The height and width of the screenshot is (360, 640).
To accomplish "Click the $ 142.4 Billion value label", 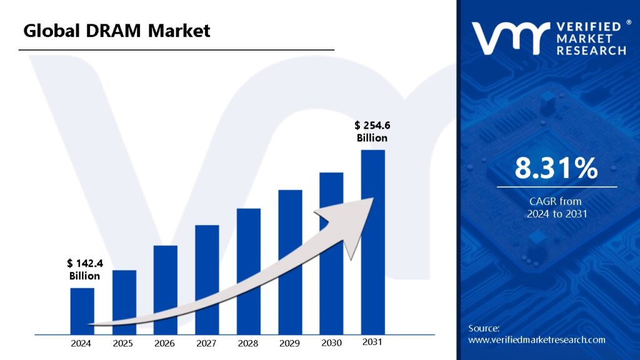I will click(x=85, y=269).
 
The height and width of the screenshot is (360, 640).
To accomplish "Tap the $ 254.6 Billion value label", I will click(x=372, y=132).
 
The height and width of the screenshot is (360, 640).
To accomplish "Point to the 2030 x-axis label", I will click(x=331, y=342).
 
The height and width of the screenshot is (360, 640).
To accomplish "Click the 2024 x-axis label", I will click(x=81, y=343).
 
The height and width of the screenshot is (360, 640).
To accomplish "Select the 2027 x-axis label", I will click(x=206, y=343).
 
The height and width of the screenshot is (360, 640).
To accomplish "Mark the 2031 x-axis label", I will click(x=372, y=342).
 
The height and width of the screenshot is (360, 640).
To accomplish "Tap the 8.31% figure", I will click(x=556, y=169).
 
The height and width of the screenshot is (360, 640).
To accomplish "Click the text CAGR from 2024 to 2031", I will click(x=556, y=207).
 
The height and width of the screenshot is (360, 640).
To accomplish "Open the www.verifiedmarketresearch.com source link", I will click(x=537, y=340).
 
